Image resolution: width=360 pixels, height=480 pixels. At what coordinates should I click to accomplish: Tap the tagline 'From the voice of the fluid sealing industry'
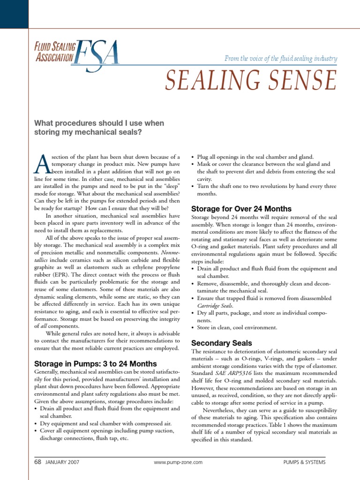(x=281, y=58)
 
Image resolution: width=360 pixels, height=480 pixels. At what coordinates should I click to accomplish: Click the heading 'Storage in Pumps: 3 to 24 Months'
(x=96, y=363)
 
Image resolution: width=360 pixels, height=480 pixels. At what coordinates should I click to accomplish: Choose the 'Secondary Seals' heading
(x=222, y=343)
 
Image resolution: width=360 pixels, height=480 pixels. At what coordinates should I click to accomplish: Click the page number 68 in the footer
(x=38, y=462)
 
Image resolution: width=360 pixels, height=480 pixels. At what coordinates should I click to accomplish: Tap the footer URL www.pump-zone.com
(x=178, y=462)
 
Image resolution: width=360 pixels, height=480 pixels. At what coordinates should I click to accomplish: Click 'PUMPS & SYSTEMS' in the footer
(x=304, y=462)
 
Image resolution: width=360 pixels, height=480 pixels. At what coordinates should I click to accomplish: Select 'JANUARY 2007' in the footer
(x=62, y=462)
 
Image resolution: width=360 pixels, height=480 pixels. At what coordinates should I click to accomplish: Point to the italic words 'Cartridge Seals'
(x=217, y=306)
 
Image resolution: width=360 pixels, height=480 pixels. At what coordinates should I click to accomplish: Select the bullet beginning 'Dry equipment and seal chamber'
(x=105, y=423)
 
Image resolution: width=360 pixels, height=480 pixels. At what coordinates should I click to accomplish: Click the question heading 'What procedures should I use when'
(x=99, y=123)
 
